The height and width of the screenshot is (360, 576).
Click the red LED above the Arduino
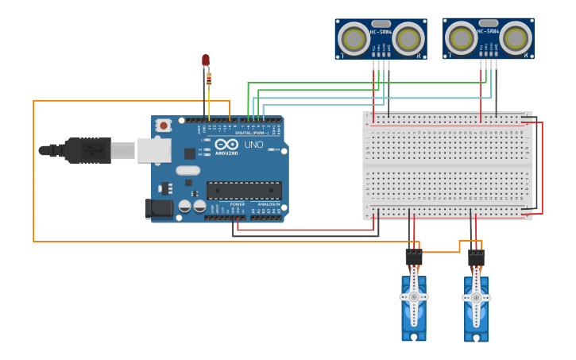206,60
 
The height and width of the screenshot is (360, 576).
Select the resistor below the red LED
209,78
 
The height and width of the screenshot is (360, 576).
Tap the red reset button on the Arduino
164,125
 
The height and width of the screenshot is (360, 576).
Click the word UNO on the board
253,145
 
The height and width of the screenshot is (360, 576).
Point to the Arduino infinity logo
226,145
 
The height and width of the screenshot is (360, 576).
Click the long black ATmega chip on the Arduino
244,190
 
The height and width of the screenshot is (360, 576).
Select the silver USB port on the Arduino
153,149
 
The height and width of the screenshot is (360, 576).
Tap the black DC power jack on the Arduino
158,208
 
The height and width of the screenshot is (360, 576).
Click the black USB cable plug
87,149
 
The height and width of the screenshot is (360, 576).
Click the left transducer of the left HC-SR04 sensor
353,39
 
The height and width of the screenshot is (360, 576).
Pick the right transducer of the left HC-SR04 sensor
408,39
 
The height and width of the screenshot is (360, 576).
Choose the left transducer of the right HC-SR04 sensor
461,37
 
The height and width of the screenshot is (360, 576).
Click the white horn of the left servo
414,296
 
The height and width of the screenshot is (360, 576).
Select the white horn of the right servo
476,297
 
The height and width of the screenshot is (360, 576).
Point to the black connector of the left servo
413,257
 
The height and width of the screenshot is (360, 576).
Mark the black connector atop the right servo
476,257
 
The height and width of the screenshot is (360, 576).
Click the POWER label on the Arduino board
238,204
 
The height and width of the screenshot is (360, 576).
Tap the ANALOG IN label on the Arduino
266,204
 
